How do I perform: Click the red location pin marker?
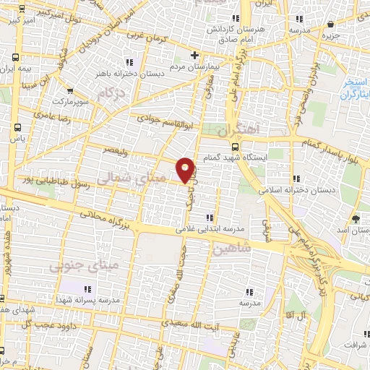click(x=186, y=168)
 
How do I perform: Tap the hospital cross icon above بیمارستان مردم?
click(x=194, y=55)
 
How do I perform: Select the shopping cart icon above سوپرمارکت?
click(x=70, y=90)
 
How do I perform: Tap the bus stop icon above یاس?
click(x=17, y=126)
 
